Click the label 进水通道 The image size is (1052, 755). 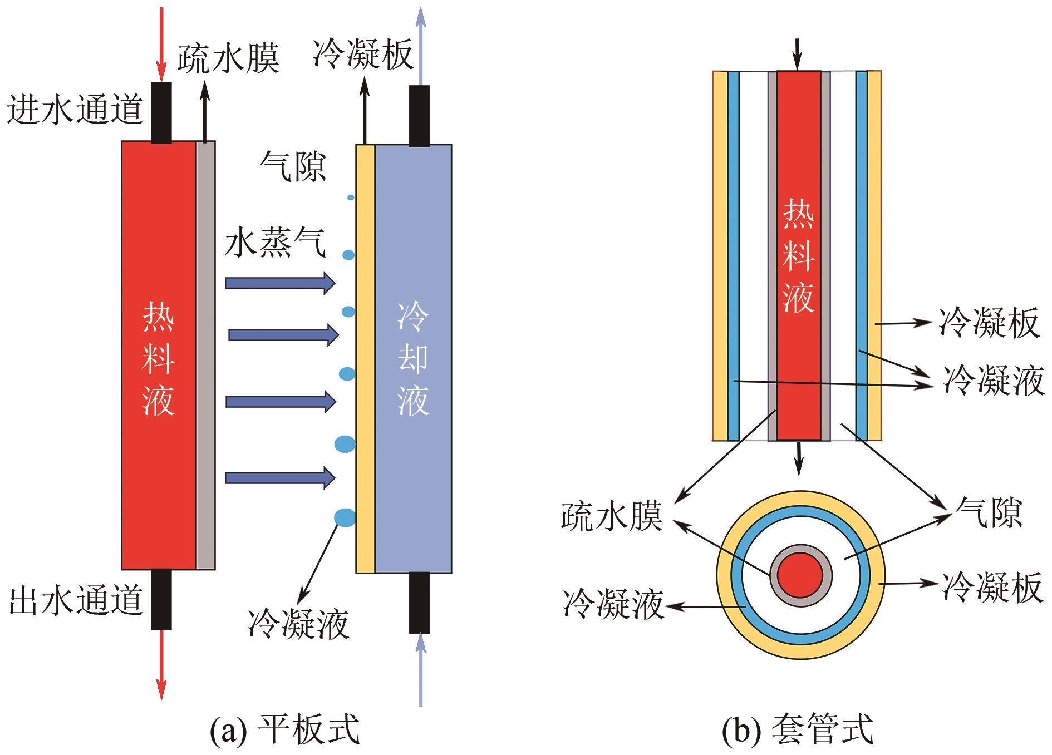pos(76,109)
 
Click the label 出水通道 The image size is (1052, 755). pos(77,601)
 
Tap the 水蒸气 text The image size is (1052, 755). pos(275,243)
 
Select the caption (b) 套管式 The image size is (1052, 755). pos(798,730)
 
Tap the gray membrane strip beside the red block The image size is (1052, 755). pos(205,356)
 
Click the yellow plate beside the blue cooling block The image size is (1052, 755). pos(365,359)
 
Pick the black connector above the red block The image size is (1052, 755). pos(161,112)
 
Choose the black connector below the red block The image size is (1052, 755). pos(161,599)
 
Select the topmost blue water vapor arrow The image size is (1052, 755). pos(279,283)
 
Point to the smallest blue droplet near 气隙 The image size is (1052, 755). pos(351,198)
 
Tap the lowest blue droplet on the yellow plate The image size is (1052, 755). pos(345,517)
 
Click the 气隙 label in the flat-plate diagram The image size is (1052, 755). pos(293,166)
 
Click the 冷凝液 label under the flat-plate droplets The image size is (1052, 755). pos(299,623)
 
